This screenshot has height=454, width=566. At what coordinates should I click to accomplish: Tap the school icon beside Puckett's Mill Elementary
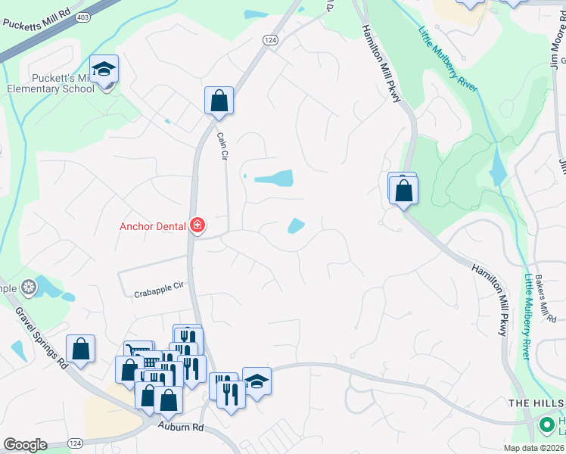104,70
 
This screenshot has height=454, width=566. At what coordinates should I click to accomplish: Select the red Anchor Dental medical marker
197,225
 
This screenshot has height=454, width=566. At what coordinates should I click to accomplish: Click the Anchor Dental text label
154,225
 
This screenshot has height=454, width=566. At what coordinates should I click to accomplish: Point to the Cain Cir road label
222,145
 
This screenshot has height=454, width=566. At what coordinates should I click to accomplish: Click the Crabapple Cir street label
159,294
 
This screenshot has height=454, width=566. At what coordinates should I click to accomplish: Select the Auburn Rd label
182,427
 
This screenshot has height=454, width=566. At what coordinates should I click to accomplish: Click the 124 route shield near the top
271,39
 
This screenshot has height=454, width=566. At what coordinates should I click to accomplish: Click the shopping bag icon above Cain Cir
219,101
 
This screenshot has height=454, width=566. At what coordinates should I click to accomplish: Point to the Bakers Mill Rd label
546,300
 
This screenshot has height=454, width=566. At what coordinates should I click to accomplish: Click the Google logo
25,445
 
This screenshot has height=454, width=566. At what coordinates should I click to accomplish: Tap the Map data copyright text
533,448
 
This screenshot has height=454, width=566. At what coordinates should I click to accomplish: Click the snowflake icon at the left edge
29,288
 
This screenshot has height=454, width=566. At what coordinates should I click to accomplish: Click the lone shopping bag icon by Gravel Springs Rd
80,350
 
